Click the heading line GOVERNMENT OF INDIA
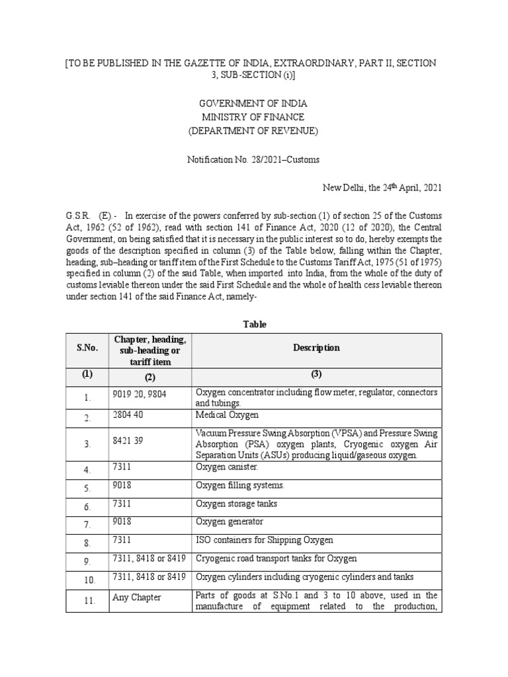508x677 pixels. pyautogui.click(x=253, y=104)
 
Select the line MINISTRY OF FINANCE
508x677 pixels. pyautogui.click(x=253, y=117)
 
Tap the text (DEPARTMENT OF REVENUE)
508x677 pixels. pyautogui.click(x=253, y=130)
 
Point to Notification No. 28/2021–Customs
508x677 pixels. pyautogui.click(x=253, y=159)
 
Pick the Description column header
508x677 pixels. pyautogui.click(x=316, y=348)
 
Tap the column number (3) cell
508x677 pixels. pyautogui.click(x=316, y=374)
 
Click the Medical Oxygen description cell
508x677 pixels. pyautogui.click(x=227, y=415)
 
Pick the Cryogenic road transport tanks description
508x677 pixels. pyautogui.click(x=276, y=559)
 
